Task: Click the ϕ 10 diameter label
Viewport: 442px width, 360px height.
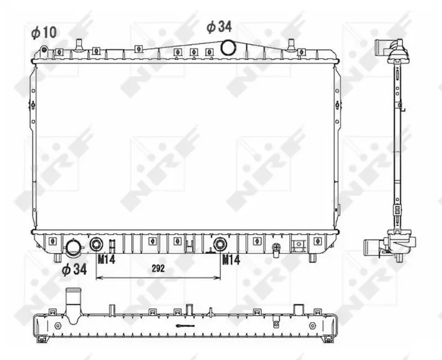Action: (x=44, y=32)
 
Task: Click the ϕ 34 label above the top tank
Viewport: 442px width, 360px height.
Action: (x=219, y=27)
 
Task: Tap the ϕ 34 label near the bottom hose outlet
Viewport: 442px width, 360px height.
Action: (x=74, y=269)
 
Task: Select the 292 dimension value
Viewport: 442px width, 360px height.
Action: (x=158, y=268)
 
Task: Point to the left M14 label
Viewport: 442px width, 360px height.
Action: (x=107, y=259)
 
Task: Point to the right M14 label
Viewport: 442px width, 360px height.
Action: (x=231, y=260)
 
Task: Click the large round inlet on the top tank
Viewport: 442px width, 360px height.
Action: (x=227, y=47)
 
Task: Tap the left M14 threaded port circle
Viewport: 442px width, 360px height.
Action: (x=96, y=244)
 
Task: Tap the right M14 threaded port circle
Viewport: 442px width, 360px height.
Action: (x=220, y=244)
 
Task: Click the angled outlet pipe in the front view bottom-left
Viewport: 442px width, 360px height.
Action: (x=74, y=248)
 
